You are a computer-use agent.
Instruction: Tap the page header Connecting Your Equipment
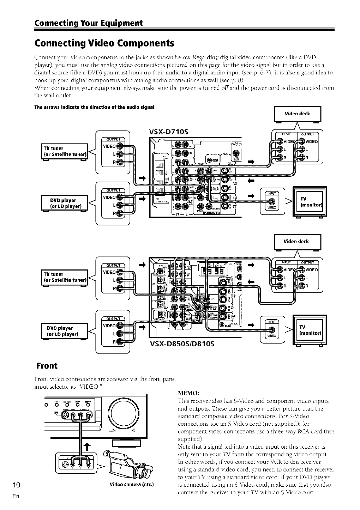tap(88, 23)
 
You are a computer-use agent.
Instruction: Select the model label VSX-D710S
tap(168, 132)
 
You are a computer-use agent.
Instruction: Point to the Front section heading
tap(47, 365)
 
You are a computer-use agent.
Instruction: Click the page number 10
tap(11, 484)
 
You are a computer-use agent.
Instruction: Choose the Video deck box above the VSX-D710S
tap(297, 114)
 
